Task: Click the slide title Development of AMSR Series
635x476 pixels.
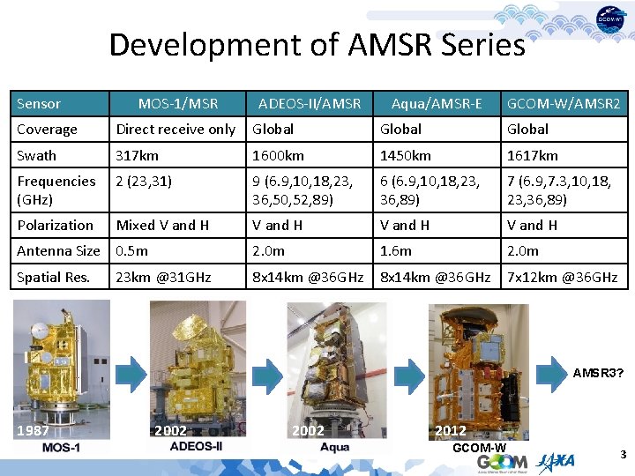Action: (317, 44)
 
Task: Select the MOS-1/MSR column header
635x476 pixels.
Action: (178, 104)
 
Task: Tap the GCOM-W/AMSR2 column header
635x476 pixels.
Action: (564, 104)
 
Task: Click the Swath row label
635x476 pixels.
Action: (36, 155)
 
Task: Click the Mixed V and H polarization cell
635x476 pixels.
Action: (162, 225)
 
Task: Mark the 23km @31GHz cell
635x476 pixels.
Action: (164, 277)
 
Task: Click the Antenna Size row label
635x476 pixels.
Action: (58, 250)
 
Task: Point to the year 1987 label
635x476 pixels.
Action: (34, 431)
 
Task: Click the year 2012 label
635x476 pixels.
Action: (452, 431)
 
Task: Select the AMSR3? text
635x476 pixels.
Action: (598, 373)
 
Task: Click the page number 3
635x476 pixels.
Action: (623, 455)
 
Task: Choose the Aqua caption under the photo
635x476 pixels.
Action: (334, 448)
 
